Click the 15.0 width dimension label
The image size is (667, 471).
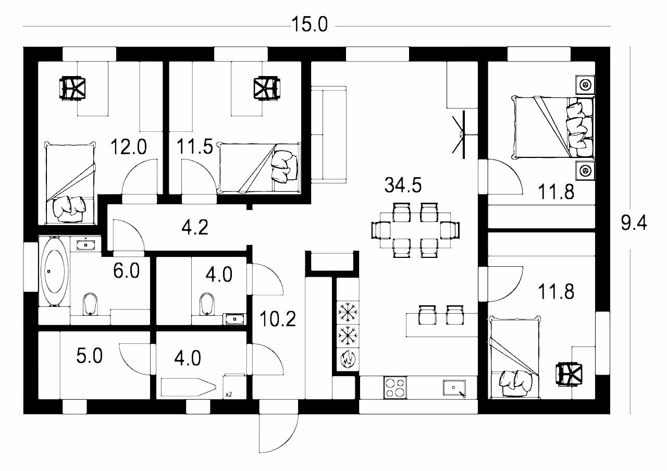[x=310, y=24]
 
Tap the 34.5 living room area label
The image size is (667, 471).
[x=403, y=185]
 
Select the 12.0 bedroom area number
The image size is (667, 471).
[x=129, y=147]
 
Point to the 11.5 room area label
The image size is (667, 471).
[x=195, y=146]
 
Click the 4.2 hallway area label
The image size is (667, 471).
[x=195, y=227]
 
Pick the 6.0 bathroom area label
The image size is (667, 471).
[x=127, y=271]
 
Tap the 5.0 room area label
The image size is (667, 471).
[x=89, y=356]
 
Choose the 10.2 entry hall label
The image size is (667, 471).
[x=278, y=319]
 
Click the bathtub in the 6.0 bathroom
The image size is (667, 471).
[x=54, y=271]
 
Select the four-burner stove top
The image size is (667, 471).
[x=395, y=387]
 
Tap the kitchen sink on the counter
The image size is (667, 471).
[x=454, y=388]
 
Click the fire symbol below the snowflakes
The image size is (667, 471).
[x=348, y=360]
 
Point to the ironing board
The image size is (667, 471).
[x=189, y=387]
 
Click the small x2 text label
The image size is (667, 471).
[x=229, y=394]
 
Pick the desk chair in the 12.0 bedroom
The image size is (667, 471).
[x=72, y=89]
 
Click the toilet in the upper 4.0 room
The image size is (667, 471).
[x=207, y=304]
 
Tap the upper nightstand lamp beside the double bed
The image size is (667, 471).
[x=585, y=85]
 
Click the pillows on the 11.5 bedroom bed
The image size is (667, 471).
[x=285, y=167]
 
